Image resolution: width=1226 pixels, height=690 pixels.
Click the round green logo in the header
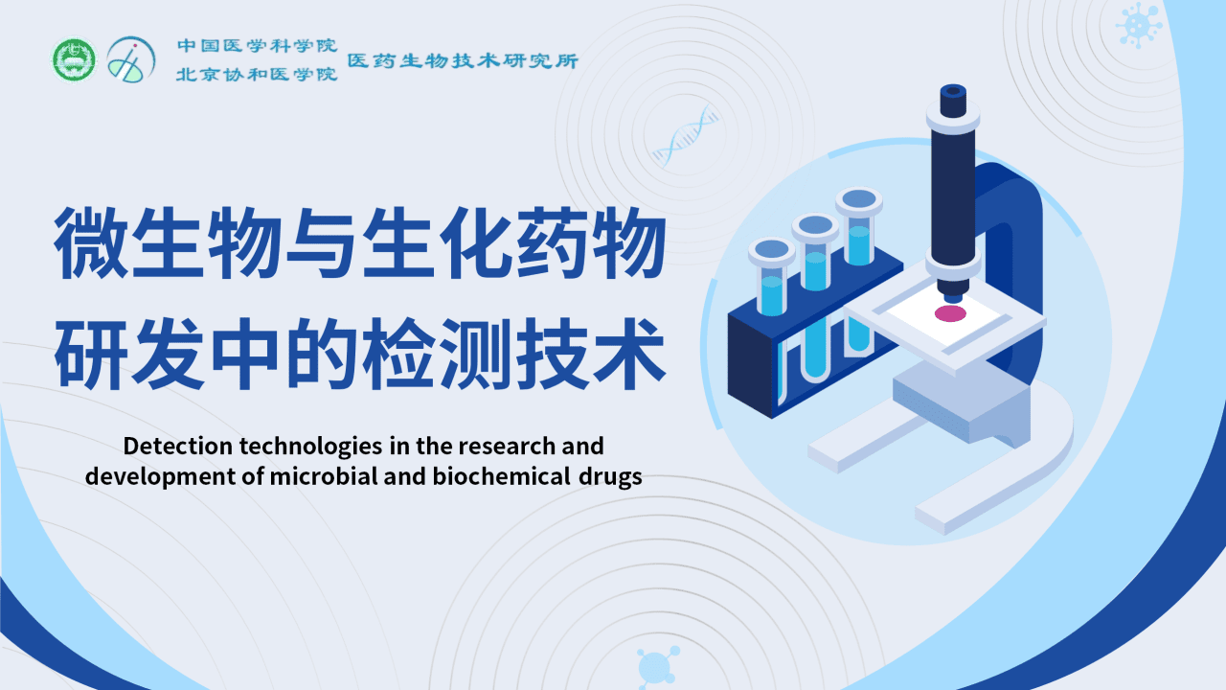click(74, 59)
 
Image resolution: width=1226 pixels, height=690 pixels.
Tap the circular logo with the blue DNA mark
click(130, 59)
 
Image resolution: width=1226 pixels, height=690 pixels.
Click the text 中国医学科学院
click(257, 45)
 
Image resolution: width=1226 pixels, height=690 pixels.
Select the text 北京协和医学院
click(257, 74)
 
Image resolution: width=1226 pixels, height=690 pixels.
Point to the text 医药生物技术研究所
click(463, 60)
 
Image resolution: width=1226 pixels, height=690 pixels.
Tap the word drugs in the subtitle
click(609, 477)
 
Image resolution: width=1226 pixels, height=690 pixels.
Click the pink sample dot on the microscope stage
click(950, 313)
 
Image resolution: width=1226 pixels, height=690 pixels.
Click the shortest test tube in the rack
click(772, 278)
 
